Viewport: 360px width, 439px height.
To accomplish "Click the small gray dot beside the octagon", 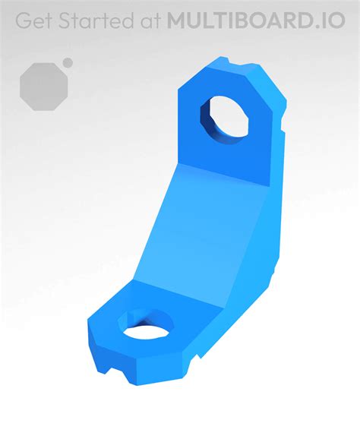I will tap(68, 62).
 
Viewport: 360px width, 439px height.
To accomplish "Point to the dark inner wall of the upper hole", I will tap(208, 122).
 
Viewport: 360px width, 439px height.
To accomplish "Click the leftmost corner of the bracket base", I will tap(90, 327).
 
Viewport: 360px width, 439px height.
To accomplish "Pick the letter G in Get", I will tap(24, 21).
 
